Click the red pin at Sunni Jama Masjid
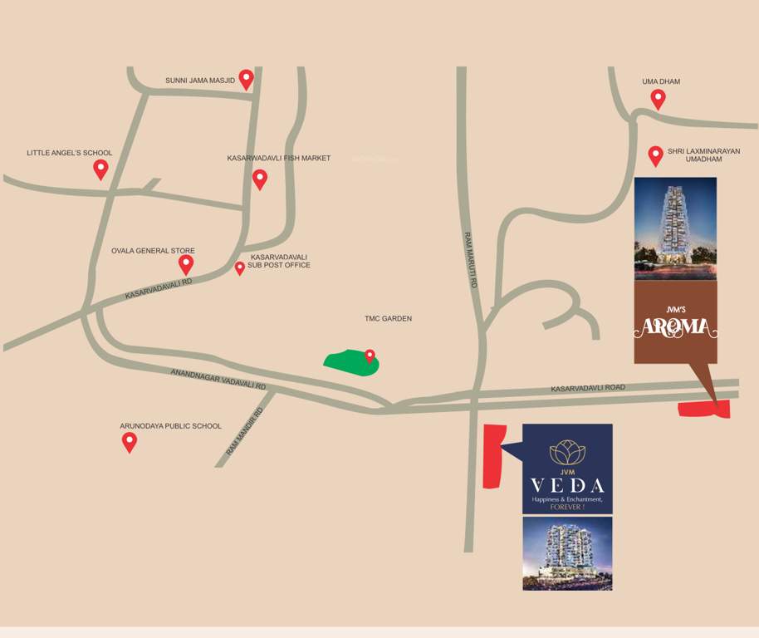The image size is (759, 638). coord(246,79)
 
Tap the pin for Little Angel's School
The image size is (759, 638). coord(100,169)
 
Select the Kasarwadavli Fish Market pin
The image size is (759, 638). coord(260,179)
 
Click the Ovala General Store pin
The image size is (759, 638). coord(186,264)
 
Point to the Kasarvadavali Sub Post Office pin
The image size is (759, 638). coord(240,267)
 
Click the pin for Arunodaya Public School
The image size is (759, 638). coord(130,441)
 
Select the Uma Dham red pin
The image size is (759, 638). coord(658,99)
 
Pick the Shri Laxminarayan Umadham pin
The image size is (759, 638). coord(655,155)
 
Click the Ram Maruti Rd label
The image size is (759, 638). coord(472,259)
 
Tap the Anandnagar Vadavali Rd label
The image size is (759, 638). coord(218,380)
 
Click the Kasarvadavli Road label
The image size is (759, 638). coord(588,388)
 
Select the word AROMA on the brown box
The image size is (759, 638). coord(675,327)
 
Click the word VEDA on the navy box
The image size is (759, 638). coord(567,484)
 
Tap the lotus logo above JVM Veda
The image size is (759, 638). coord(567,451)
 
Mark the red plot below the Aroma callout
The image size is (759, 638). coord(704,408)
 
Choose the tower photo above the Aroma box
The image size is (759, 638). coord(675,228)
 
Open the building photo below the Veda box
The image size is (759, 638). coord(567,553)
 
